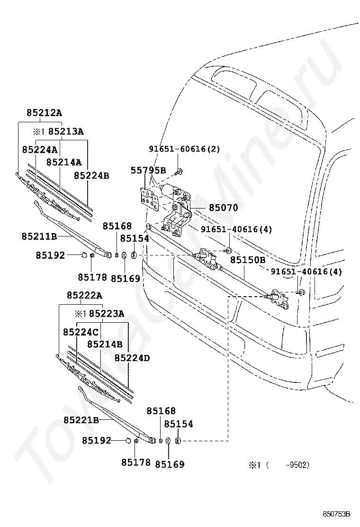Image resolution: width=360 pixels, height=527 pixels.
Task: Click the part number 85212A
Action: click(45, 113)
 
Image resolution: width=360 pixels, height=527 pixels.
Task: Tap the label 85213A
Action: click(66, 131)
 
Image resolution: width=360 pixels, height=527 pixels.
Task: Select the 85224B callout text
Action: click(91, 175)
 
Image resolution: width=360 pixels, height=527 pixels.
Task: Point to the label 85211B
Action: click(39, 236)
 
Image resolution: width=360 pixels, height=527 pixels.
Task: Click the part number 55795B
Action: click(148, 171)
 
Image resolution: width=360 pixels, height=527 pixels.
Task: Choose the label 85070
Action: click(223, 208)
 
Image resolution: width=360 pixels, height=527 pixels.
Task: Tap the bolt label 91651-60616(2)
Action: click(184, 149)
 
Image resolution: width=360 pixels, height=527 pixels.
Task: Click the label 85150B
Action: click(248, 260)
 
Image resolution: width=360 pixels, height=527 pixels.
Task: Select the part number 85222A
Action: click(85, 295)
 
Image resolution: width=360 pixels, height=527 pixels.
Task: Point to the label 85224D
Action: click(132, 358)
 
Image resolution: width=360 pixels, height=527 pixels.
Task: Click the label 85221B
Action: click(81, 420)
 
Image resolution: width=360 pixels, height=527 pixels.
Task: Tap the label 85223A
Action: click(107, 314)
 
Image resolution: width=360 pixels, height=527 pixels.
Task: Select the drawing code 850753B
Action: click(336, 514)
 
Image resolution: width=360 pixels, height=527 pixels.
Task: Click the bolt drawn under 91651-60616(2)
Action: click(178, 172)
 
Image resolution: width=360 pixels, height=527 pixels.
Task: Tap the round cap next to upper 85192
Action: click(84, 255)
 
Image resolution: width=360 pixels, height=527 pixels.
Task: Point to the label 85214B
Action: click(105, 344)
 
